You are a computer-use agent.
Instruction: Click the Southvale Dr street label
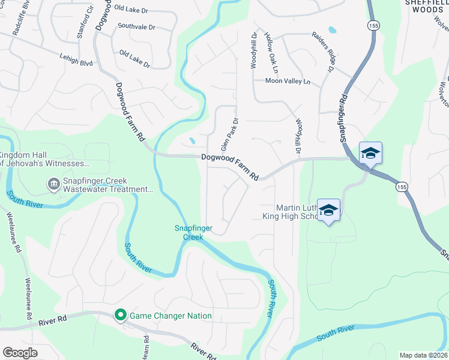point(136,27)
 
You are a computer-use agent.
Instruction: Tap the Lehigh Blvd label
point(76,61)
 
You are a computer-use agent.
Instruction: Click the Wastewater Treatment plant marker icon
point(54,184)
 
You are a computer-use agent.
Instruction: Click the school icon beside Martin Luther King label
point(328,210)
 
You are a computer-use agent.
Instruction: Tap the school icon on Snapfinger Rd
point(370,154)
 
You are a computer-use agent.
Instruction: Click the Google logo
point(20,353)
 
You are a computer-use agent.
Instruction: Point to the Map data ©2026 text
point(423,355)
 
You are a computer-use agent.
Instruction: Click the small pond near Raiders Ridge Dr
point(332,29)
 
